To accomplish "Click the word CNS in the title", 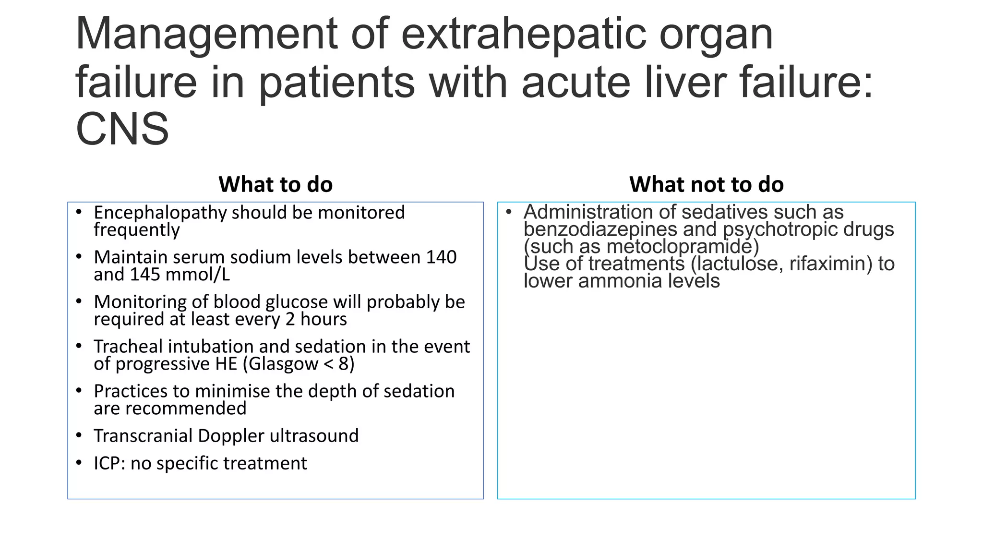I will [x=122, y=130].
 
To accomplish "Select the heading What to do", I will [x=276, y=184].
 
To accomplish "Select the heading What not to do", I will [x=706, y=184].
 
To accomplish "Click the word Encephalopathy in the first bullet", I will [x=160, y=213].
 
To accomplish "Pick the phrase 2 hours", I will [x=316, y=319].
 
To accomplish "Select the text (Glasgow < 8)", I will [x=298, y=364].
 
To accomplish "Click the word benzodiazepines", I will [x=600, y=229].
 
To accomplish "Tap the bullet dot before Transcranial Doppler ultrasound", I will [x=79, y=435].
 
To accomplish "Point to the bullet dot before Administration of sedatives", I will [x=509, y=212].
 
